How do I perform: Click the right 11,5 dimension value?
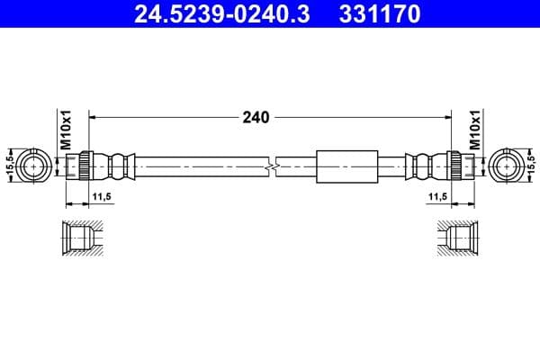pos(438,195)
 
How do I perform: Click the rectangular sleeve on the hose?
pos(347,166)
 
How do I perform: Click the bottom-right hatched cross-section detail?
pos(457,238)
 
